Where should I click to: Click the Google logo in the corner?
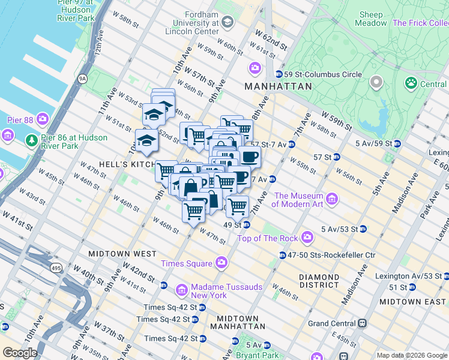20,352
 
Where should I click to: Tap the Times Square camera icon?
221,262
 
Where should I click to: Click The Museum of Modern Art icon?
331,196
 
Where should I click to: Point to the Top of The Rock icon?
307,238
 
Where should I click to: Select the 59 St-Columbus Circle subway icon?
279,74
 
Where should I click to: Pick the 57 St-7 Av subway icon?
291,144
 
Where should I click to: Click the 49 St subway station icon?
246,225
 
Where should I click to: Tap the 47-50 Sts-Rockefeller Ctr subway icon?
282,256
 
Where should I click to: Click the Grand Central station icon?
362,323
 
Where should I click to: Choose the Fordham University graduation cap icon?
227,23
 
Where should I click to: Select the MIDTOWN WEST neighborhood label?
115,254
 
